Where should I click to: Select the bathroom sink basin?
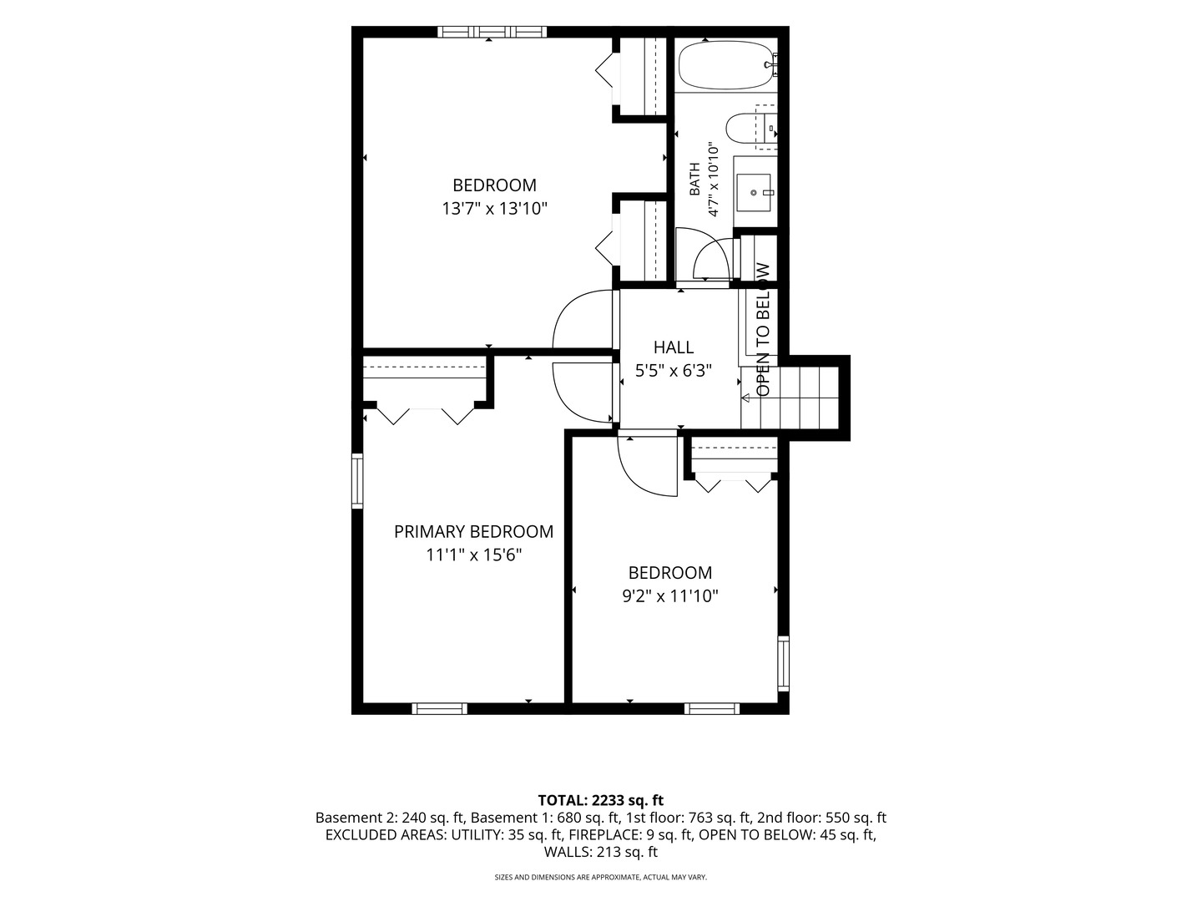[753, 192]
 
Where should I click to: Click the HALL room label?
[673, 347]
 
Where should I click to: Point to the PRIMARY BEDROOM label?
[473, 531]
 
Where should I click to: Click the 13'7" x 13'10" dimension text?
[494, 209]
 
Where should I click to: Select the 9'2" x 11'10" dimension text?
[669, 595]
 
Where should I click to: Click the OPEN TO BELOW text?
[763, 330]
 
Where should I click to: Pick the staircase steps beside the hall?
[790, 398]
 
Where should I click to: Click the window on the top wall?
[492, 32]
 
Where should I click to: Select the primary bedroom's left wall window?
[357, 481]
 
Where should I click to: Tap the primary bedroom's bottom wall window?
[439, 709]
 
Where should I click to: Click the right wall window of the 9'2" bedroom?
[784, 663]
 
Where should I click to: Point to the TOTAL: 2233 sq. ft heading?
[601, 800]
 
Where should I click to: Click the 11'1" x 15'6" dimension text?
[473, 555]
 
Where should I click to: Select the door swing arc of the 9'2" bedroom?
[638, 475]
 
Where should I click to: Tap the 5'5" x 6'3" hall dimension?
[673, 371]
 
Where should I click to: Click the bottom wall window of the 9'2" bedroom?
[712, 709]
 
